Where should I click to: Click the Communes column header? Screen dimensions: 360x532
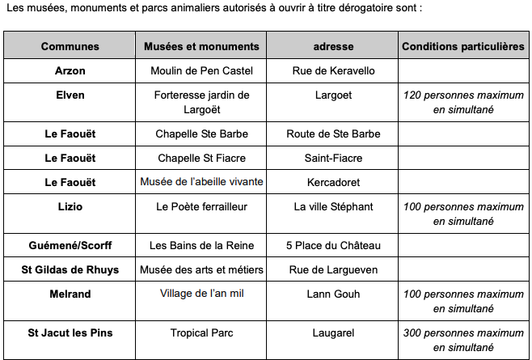70,46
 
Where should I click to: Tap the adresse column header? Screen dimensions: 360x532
333,46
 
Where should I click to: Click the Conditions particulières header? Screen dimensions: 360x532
463,46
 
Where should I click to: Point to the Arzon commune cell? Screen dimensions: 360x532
70,70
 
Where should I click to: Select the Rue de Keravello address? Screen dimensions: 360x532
333,70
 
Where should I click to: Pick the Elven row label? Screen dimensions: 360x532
70,95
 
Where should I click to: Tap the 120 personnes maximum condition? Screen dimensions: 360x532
463,101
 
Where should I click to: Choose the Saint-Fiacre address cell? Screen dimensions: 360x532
333,158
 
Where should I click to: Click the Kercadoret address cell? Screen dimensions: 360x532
333,182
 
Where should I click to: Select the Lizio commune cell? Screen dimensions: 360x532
70,206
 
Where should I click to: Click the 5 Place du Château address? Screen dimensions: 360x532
333,245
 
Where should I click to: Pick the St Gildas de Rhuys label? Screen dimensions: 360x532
70,269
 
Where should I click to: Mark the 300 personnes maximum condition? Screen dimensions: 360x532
463,340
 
